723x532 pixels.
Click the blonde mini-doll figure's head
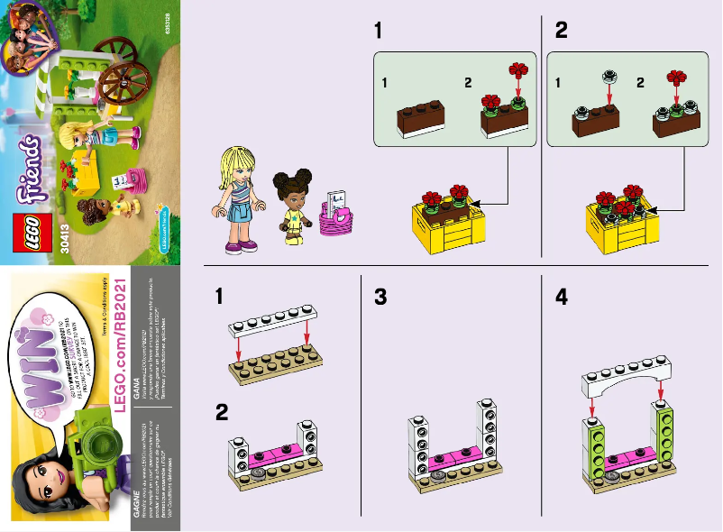coord(233,168)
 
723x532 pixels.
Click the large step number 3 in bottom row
coord(381,296)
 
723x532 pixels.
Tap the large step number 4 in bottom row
coord(562,296)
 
